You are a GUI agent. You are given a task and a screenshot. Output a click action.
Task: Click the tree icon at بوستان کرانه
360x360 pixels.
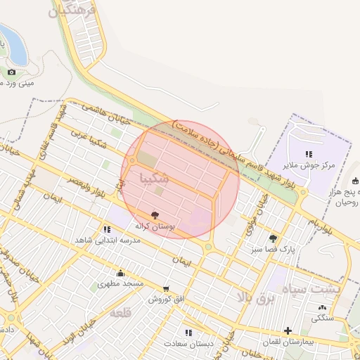click(155, 214)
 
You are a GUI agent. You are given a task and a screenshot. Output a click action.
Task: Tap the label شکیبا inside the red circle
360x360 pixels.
click(155, 176)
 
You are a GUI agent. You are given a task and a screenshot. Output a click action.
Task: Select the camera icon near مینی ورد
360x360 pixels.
click(11, 72)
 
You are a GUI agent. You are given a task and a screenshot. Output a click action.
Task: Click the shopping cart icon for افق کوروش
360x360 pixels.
click(166, 288)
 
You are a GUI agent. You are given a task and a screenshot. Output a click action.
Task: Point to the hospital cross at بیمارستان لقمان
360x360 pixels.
click(288, 330)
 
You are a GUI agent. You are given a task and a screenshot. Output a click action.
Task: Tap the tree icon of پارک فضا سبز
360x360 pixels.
click(273, 238)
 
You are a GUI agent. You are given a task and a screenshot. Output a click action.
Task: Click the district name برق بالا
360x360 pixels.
click(254, 298)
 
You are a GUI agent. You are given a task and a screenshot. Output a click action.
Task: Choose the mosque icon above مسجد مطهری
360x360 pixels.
click(120, 273)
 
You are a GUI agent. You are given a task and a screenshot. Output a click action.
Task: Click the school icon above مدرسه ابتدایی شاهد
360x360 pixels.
click(106, 229)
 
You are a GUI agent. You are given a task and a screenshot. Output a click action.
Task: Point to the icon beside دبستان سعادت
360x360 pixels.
click(188, 332)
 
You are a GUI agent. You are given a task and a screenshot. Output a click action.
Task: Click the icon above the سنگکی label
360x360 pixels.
click(322, 307)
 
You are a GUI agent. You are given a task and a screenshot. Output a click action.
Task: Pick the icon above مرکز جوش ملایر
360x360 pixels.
click(308, 154)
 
